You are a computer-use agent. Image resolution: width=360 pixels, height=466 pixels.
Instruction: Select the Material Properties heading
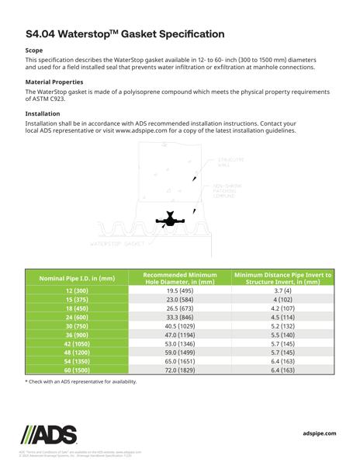coord(54,82)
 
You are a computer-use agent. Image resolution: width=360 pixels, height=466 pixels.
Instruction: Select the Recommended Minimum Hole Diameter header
coord(179,278)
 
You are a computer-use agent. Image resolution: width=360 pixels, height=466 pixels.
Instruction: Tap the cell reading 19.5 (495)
coord(179,290)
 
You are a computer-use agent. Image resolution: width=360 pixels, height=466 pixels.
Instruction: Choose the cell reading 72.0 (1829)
coord(179,370)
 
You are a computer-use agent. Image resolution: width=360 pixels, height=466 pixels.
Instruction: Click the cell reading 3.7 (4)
coord(282,290)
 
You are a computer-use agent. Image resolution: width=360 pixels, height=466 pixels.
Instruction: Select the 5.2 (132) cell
coord(282,326)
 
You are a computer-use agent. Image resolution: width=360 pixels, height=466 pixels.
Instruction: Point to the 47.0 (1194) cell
coord(179,335)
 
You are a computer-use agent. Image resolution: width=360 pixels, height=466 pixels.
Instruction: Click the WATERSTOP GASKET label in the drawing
coord(118,244)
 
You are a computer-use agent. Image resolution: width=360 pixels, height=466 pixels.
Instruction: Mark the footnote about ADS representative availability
coord(81,382)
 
